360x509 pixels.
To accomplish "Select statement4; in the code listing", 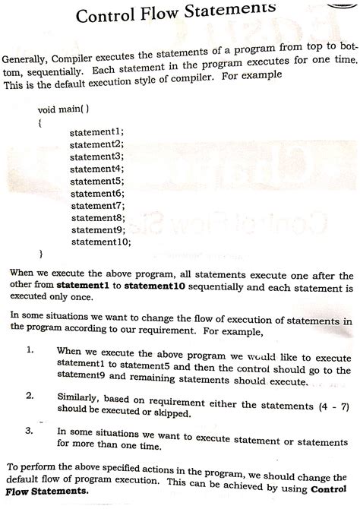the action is coord(97,169).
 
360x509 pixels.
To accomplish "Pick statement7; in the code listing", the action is coord(97,205).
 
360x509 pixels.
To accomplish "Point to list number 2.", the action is coord(30,396).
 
